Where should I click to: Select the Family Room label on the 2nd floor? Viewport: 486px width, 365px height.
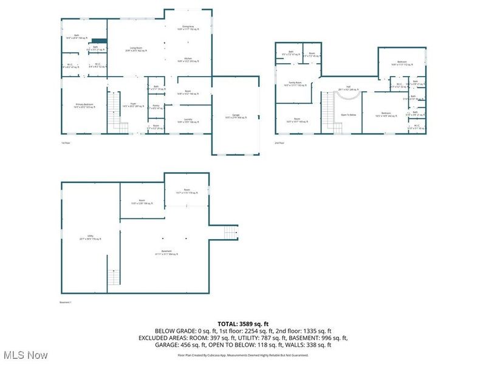297,85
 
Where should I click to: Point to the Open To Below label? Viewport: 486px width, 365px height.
347,114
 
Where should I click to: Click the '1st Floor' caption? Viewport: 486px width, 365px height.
66,143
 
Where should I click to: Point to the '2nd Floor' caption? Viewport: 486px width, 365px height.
279,143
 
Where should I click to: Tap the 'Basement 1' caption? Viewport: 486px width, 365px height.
66,302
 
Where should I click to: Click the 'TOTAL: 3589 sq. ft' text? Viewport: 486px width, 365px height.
242,323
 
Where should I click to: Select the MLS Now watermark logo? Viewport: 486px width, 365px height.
24,353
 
